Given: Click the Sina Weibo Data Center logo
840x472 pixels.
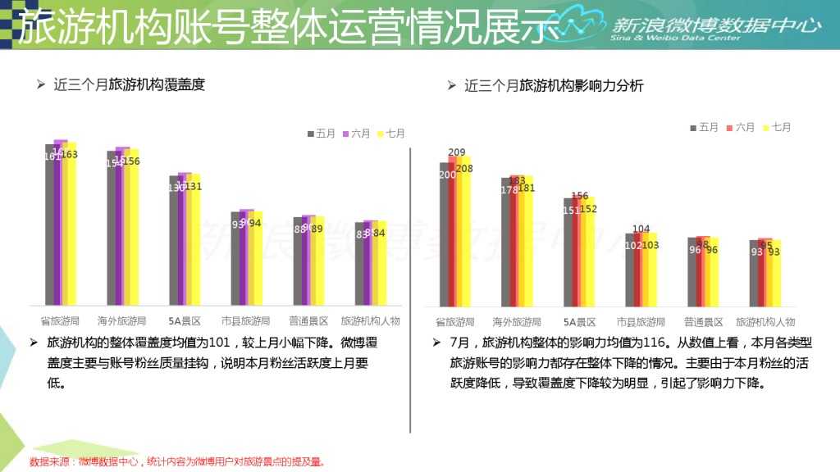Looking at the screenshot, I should [x=697, y=26].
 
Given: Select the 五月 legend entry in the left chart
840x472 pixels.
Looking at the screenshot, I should [x=322, y=133].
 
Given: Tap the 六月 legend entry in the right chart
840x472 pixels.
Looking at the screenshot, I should [x=740, y=127].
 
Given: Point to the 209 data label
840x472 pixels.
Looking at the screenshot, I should [x=457, y=152].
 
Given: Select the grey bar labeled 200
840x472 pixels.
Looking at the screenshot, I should [x=444, y=238].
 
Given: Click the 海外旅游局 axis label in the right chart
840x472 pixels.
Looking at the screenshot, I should [x=517, y=322].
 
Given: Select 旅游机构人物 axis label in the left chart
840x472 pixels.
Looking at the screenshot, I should [x=370, y=321].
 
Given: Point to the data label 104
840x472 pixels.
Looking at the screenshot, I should [x=641, y=229].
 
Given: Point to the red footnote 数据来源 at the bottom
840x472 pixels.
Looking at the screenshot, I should [x=176, y=462].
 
